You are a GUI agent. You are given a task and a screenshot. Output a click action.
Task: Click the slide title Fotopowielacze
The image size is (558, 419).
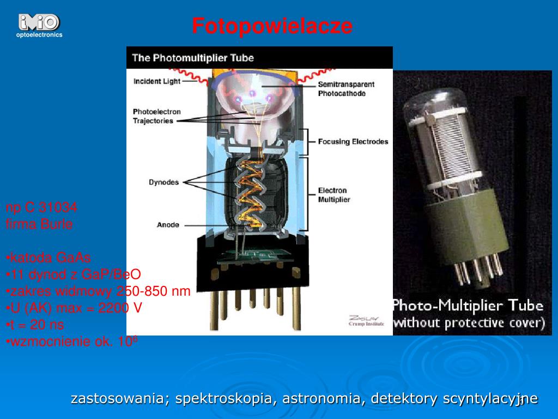point(272,26)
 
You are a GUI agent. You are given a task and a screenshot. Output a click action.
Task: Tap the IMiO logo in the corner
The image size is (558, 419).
point(39,23)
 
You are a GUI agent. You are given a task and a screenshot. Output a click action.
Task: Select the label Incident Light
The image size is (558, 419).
point(157,81)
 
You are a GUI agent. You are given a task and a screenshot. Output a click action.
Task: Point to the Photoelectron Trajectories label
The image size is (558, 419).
point(153,116)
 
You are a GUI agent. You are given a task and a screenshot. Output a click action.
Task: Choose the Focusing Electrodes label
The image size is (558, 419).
point(353,141)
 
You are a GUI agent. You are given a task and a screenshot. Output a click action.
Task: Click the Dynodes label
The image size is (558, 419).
point(163,182)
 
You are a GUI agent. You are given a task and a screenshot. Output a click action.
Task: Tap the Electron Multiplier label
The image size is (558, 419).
point(333,195)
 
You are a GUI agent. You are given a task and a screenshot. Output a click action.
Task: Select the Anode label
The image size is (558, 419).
point(168,224)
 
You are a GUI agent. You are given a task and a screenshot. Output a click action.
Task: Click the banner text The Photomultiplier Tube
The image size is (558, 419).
point(193,57)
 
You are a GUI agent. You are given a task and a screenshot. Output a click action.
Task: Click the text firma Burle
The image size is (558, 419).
point(39,224)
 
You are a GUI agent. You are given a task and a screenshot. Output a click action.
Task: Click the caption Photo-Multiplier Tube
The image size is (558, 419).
point(469,305)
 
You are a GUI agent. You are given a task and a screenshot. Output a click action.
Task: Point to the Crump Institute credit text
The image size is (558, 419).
point(366,324)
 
